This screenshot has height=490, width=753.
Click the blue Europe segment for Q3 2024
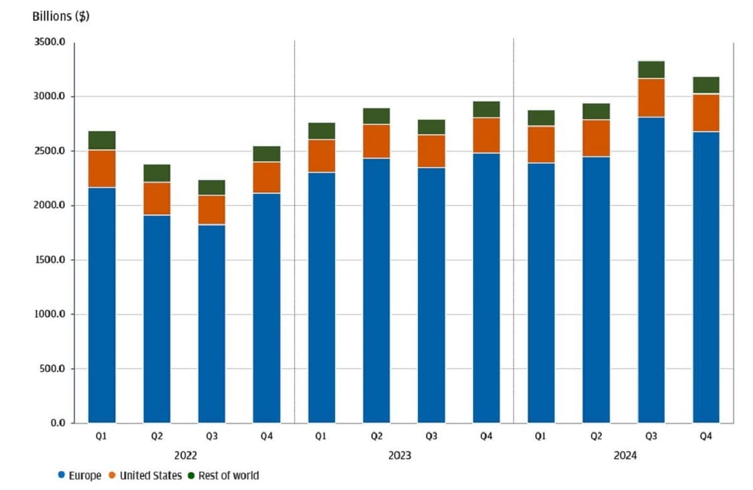651,270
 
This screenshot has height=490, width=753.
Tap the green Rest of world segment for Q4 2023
486,109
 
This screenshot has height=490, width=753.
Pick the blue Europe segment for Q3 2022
211,323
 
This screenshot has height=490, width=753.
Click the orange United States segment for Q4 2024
706,113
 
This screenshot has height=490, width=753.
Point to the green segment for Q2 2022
157,173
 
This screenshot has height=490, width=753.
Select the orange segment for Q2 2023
376,141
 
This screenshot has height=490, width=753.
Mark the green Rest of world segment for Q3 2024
651,70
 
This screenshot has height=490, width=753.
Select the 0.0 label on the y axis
58,423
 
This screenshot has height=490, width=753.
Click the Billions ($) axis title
61,17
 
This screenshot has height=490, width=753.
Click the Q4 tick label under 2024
706,435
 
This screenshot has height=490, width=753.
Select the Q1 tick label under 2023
321,435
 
